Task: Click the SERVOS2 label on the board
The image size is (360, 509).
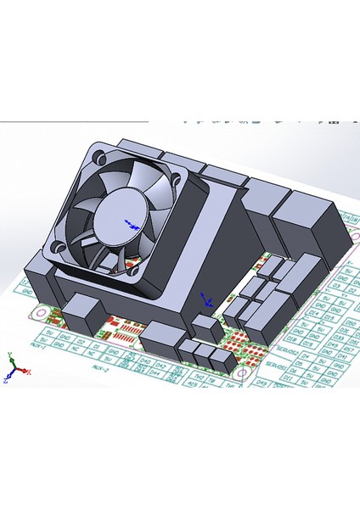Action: (288, 350)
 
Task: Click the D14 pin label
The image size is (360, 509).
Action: (312, 314)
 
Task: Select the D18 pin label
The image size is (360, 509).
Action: (292, 338)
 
